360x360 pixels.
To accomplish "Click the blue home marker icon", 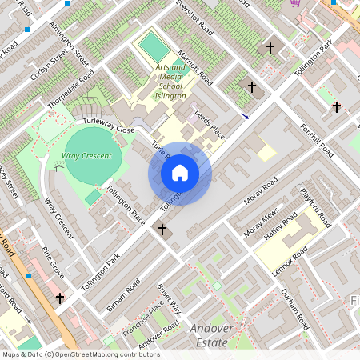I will point(180,173).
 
